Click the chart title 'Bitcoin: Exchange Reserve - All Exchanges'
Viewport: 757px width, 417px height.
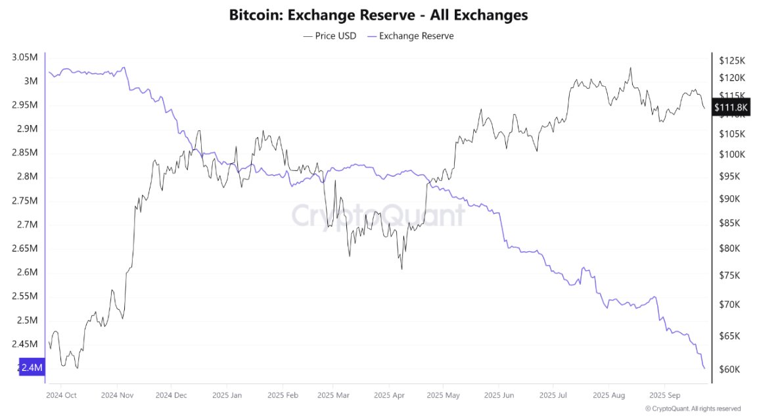(x=378, y=14)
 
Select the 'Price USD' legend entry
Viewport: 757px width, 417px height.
(x=330, y=36)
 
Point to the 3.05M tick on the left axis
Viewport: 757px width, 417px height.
(x=24, y=57)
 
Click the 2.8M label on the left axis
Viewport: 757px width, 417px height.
(x=27, y=176)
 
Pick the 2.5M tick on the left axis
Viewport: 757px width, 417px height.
(x=27, y=320)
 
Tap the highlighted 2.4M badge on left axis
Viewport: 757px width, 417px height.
(x=32, y=368)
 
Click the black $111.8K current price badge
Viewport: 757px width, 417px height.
(x=730, y=107)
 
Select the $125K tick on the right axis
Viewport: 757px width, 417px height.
(x=732, y=61)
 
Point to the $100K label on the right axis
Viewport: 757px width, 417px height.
(x=732, y=155)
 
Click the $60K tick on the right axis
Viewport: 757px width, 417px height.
(x=730, y=369)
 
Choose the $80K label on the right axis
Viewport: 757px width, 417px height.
(x=730, y=249)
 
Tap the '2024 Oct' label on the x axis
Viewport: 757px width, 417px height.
(x=61, y=396)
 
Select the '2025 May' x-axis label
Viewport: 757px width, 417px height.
(x=443, y=396)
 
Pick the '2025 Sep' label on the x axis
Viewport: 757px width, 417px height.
(x=664, y=396)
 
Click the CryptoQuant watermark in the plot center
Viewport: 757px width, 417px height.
(x=378, y=215)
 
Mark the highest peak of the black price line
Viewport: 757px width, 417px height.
(x=631, y=67)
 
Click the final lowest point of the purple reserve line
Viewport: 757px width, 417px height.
(x=704, y=368)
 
